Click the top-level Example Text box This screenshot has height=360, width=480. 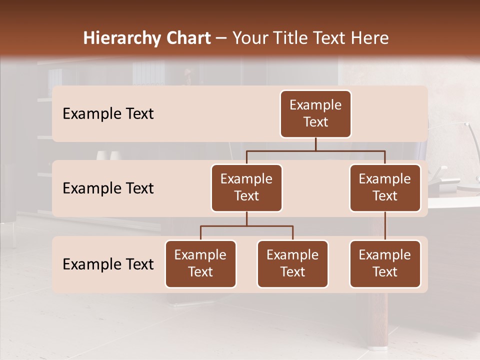(x=315, y=114)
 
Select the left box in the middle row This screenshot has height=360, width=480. (x=246, y=188)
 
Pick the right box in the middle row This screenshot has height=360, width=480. (x=385, y=188)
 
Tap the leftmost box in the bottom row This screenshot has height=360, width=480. (x=200, y=264)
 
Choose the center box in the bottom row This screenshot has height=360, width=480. (x=292, y=264)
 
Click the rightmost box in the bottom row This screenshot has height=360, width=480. (x=385, y=264)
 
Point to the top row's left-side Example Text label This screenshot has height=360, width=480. (x=108, y=114)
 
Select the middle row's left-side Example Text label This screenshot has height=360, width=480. (x=108, y=188)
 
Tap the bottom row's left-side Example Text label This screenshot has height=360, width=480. (x=108, y=264)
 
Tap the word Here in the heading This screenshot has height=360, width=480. (x=370, y=38)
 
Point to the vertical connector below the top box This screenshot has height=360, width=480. (x=315, y=144)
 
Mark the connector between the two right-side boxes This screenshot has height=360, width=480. (x=385, y=226)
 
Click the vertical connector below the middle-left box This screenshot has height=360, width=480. (x=246, y=218)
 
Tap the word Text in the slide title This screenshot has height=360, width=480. (x=330, y=38)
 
